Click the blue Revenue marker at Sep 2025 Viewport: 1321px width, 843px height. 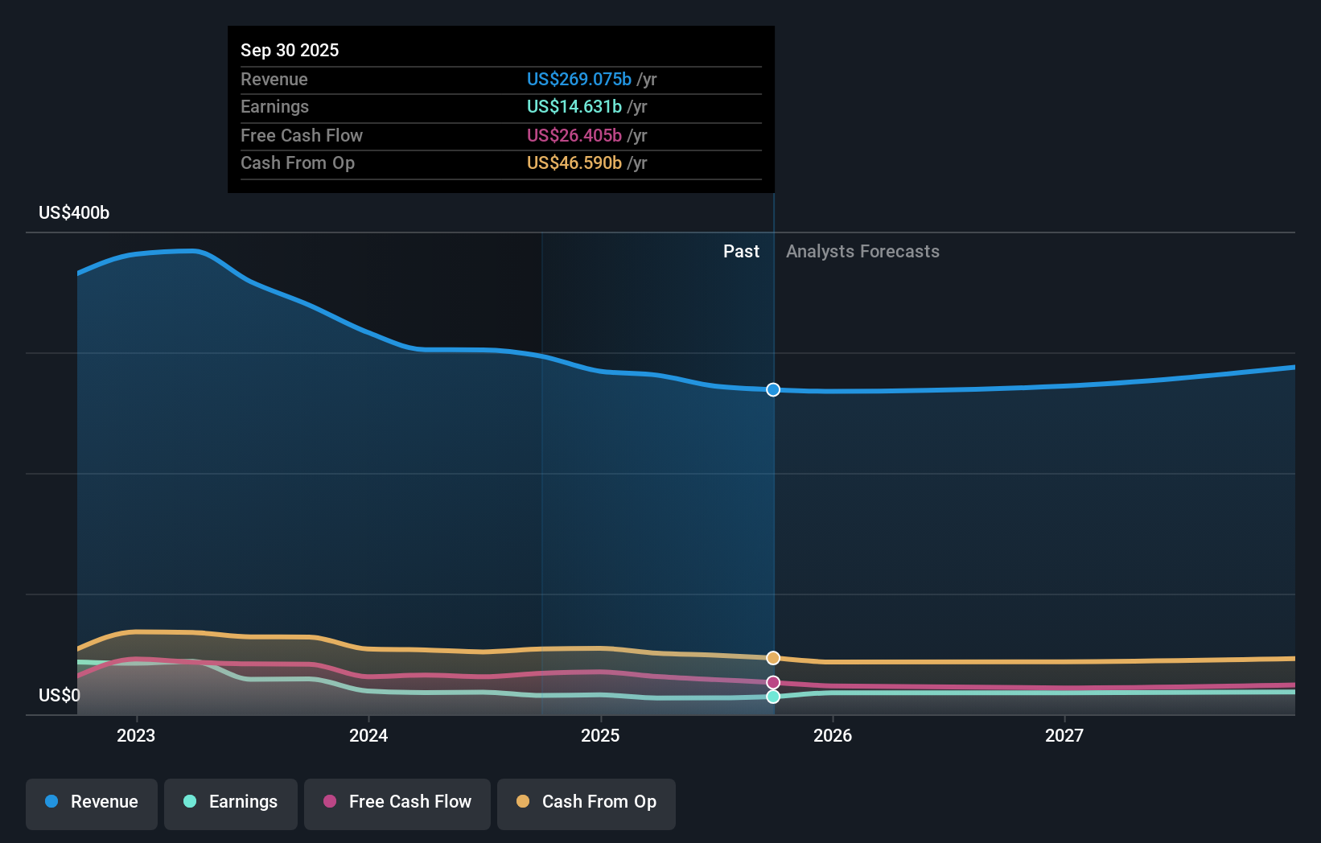[x=773, y=389]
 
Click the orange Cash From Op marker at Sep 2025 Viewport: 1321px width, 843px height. [x=773, y=658]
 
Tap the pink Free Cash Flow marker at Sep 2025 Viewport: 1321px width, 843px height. [x=773, y=682]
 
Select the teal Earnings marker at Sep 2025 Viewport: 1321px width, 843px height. [x=773, y=697]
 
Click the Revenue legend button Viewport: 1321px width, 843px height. [x=92, y=802]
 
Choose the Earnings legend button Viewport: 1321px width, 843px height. [x=231, y=802]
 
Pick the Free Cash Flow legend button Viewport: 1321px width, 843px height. [x=397, y=802]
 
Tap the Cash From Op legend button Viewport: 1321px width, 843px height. [x=586, y=802]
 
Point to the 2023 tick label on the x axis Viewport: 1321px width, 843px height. [x=136, y=735]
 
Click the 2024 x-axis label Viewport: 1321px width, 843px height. [x=368, y=735]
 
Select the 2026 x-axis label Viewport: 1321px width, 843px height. [x=833, y=735]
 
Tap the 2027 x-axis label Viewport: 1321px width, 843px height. [x=1064, y=735]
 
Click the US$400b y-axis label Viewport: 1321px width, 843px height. [x=74, y=212]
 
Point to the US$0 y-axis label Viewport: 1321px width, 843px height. [x=60, y=695]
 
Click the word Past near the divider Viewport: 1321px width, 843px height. [x=741, y=251]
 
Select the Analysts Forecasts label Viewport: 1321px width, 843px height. [x=862, y=251]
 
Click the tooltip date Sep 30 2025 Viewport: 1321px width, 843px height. [x=290, y=50]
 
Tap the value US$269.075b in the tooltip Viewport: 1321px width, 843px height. [x=578, y=79]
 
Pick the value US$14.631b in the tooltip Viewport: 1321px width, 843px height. [x=574, y=106]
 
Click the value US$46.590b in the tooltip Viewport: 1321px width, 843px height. [x=574, y=162]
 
